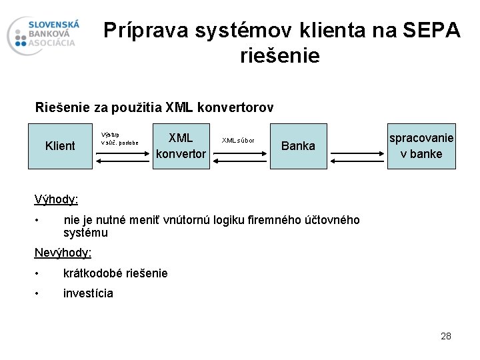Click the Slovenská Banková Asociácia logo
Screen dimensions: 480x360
pyautogui.click(x=43, y=35)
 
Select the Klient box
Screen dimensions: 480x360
pyautogui.click(x=60, y=146)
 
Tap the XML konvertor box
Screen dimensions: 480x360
pyautogui.click(x=181, y=146)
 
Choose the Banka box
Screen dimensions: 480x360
pyautogui.click(x=298, y=146)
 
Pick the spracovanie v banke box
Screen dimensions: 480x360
pyautogui.click(x=421, y=146)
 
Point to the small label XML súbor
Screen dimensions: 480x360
pyautogui.click(x=238, y=141)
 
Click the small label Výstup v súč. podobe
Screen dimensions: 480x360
pyautogui.click(x=119, y=138)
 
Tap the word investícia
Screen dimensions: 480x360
pyautogui.click(x=88, y=293)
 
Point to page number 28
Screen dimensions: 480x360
pyautogui.click(x=446, y=336)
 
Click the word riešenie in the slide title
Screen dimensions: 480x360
pyautogui.click(x=280, y=56)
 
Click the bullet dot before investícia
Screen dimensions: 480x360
pyautogui.click(x=39, y=293)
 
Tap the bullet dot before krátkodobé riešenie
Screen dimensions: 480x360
pyautogui.click(x=39, y=273)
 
